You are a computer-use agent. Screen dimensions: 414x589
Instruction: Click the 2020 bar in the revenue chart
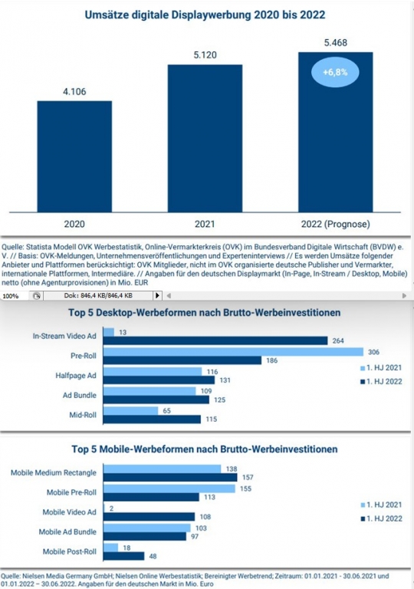74,156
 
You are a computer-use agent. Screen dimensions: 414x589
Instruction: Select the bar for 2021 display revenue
205,139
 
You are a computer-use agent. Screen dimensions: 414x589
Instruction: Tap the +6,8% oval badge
335,72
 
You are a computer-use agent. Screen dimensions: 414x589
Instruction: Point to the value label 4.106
74,92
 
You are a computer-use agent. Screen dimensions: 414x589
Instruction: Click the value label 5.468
336,43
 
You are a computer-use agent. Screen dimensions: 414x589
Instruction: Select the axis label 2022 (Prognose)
336,224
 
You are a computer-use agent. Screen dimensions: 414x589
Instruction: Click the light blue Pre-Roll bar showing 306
233,352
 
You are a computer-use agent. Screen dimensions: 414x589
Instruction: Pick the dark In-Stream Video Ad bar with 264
215,341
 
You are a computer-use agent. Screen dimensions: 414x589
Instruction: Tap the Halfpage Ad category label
76,376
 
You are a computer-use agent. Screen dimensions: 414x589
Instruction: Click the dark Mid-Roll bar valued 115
152,420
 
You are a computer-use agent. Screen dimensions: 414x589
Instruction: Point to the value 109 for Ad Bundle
206,391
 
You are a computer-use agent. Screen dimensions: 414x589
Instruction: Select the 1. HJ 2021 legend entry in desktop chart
381,368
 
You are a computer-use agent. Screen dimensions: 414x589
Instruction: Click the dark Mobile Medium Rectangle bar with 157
170,478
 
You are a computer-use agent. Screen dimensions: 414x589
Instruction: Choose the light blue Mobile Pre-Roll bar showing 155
169,489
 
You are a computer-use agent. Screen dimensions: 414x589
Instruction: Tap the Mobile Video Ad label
70,512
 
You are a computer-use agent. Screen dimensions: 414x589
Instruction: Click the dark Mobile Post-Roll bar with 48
123,556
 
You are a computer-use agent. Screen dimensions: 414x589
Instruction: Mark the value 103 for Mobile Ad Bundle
201,528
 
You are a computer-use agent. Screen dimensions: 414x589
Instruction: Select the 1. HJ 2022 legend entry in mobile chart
381,518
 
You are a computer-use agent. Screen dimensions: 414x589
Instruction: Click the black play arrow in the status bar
158,295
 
